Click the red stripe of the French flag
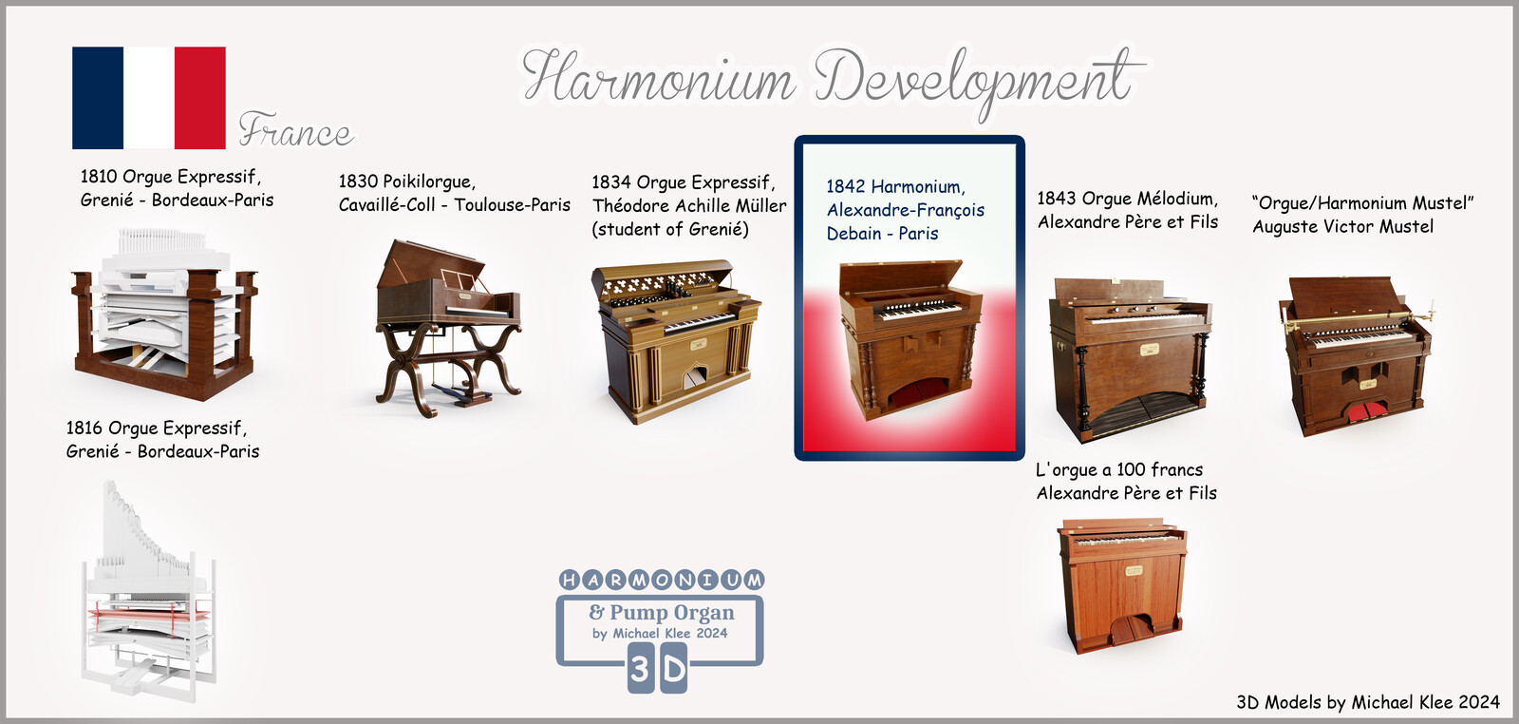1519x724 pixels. coord(200,98)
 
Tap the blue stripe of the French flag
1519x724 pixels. coord(98,98)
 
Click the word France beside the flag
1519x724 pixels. coord(295,130)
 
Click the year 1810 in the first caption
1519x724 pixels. coord(99,177)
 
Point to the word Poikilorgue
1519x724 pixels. coord(429,181)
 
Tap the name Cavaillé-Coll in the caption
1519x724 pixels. coord(386,205)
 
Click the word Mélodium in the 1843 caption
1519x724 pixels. coord(1177,199)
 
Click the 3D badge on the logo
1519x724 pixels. coord(657,669)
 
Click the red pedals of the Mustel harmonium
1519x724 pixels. coord(1366,411)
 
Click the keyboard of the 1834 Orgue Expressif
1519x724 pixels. coord(699,322)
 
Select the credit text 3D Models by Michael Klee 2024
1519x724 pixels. coord(1368,702)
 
